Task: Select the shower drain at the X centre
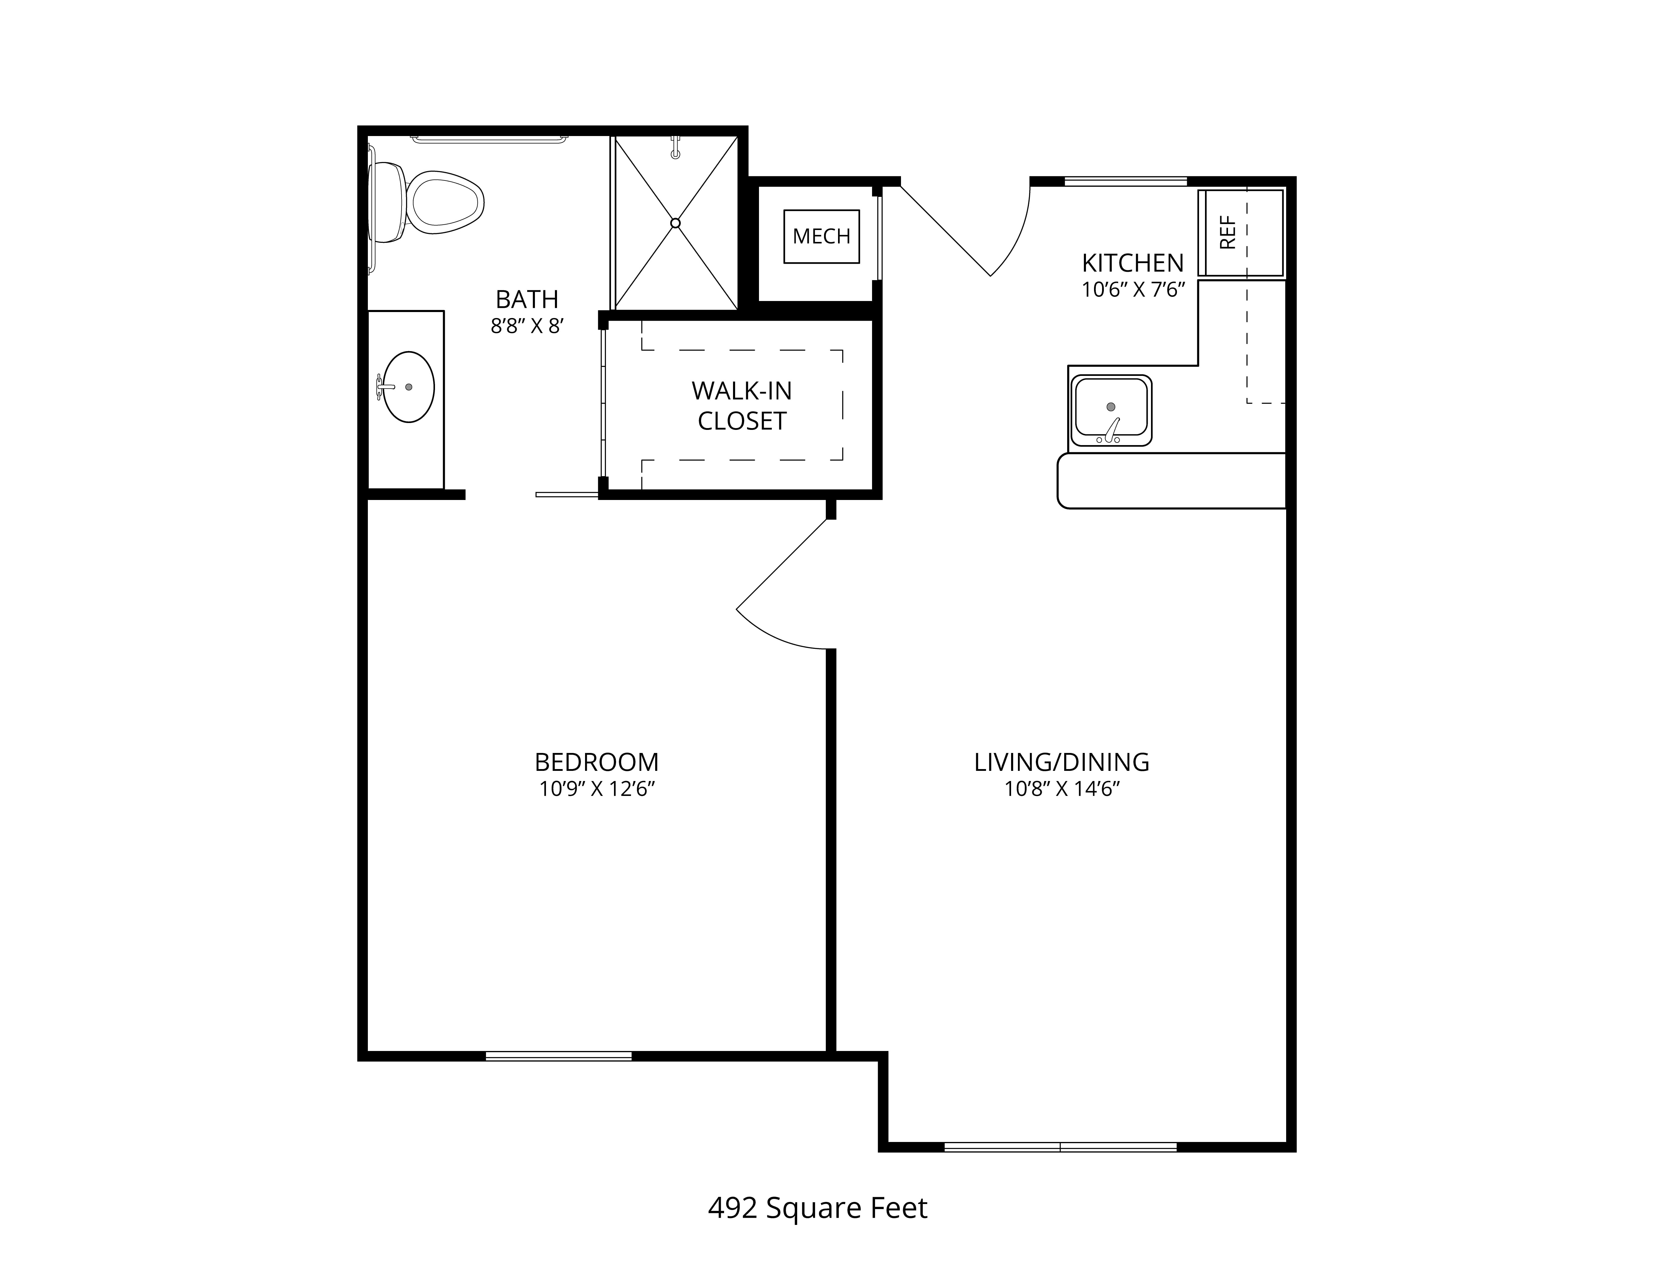[675, 223]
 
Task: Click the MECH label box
[822, 236]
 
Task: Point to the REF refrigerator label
[1228, 232]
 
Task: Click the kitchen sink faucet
[1110, 430]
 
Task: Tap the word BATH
[527, 300]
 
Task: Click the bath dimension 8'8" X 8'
[527, 326]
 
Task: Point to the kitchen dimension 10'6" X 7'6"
[1133, 290]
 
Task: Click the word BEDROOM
[597, 762]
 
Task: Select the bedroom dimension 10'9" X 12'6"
[597, 789]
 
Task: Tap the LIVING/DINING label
[1062, 762]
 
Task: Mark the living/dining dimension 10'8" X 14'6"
[1062, 789]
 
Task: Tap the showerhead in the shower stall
[675, 147]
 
